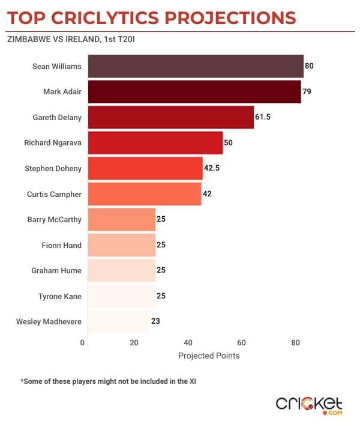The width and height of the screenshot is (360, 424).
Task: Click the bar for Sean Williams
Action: pos(196,66)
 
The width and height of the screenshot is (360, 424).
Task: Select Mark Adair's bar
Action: pos(194,92)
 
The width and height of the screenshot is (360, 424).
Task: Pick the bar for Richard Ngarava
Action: pos(155,143)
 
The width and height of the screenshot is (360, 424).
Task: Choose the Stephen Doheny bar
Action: pos(145,168)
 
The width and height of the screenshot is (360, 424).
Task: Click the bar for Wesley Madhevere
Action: pos(119,321)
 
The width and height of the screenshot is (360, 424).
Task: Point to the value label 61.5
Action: pos(263,117)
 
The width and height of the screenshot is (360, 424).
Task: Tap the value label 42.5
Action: pos(212,168)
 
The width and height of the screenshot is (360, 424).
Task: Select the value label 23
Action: pos(155,321)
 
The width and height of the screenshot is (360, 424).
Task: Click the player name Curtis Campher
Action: pos(55,194)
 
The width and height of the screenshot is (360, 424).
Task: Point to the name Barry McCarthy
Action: pos(55,219)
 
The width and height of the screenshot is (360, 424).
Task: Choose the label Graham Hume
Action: pos(56,270)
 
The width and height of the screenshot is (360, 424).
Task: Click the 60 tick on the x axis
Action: pos(242,343)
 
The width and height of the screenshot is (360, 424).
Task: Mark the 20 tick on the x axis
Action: pos(134,343)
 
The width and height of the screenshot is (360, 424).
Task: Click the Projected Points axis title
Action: pos(209,356)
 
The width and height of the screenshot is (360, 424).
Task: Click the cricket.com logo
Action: pos(309,405)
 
